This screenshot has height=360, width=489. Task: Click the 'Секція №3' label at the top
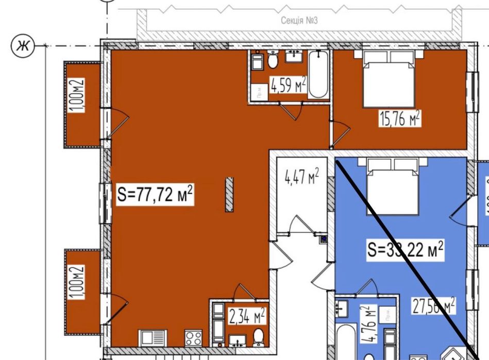pos(298,21)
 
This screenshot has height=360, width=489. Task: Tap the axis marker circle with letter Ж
pos(23,46)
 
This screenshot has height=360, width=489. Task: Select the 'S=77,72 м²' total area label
pos(155,195)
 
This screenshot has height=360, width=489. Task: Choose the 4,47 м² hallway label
pos(301,178)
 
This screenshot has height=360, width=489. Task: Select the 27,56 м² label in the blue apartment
pos(433,306)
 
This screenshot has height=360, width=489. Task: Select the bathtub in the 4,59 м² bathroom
pos(318,75)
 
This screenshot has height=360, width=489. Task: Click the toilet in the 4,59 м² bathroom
pos(273,61)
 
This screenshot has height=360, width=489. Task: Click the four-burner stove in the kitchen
pos(194,339)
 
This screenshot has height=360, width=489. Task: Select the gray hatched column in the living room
pos(229,195)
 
